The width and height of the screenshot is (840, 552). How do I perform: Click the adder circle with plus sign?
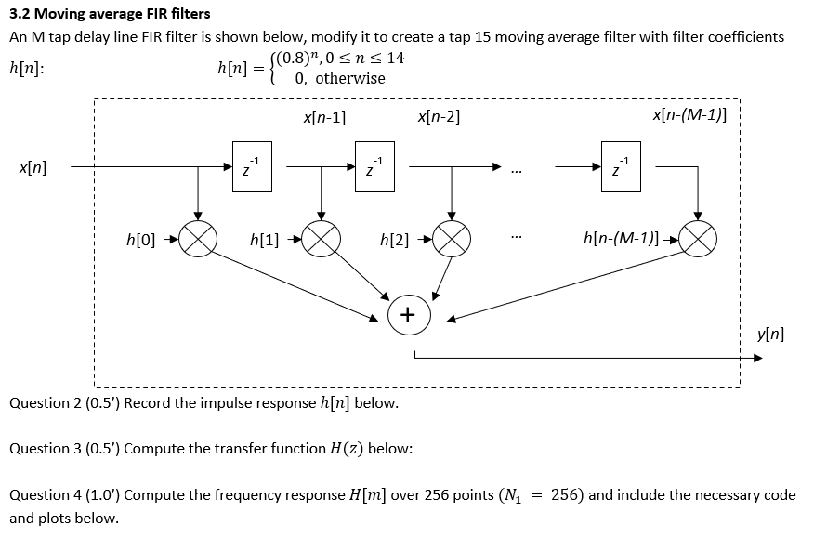click(x=407, y=314)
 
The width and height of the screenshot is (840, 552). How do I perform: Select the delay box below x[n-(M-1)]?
click(x=620, y=167)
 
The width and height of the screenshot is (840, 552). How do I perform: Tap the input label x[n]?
click(x=33, y=167)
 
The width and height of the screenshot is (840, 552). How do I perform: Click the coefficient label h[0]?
click(x=140, y=240)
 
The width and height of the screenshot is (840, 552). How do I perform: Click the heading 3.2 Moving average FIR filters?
click(x=110, y=13)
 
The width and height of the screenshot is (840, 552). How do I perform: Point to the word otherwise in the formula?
click(x=349, y=78)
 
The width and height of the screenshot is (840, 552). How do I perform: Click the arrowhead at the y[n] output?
click(x=755, y=358)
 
